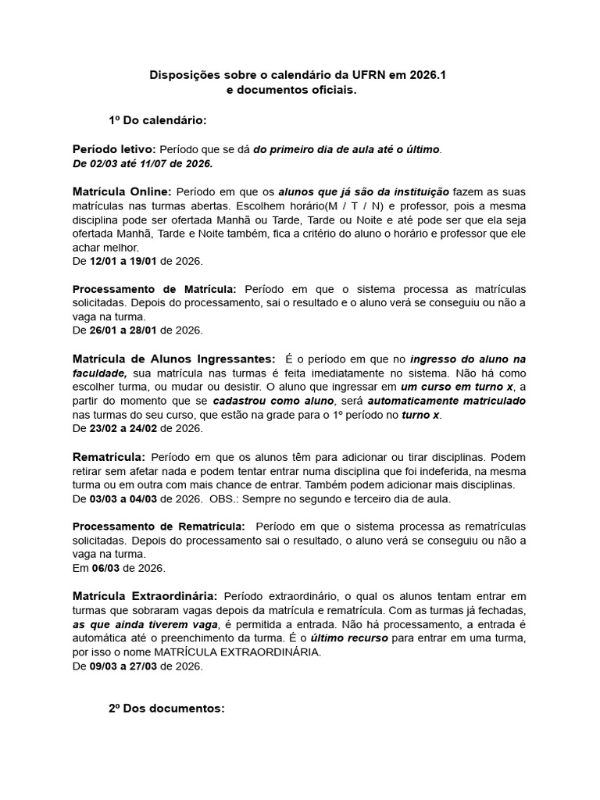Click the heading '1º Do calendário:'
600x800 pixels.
(x=158, y=120)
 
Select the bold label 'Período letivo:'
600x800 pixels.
(x=114, y=149)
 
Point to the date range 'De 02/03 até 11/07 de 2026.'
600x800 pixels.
(x=142, y=164)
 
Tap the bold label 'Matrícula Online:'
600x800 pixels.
(x=122, y=191)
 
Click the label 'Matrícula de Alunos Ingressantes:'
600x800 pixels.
(x=173, y=359)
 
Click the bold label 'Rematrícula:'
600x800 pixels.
(x=109, y=456)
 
